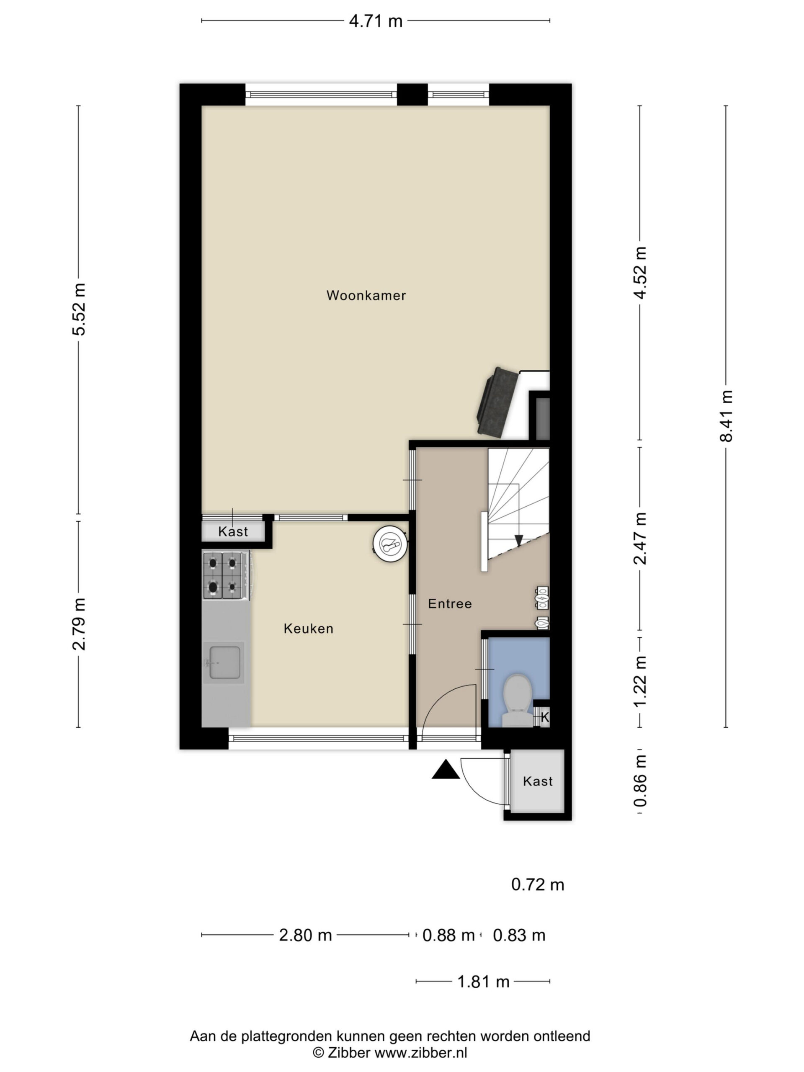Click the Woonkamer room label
click(x=366, y=295)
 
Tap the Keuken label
click(x=308, y=629)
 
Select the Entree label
click(x=450, y=603)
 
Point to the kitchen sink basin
click(x=225, y=662)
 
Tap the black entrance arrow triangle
click(x=446, y=770)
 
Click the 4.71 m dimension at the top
click(x=376, y=21)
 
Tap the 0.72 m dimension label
click(x=537, y=884)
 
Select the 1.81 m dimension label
click(x=483, y=982)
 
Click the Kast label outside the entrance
click(x=537, y=781)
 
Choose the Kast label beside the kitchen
click(x=233, y=532)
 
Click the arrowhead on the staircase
click(x=518, y=540)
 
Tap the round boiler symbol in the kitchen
click(x=389, y=545)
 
